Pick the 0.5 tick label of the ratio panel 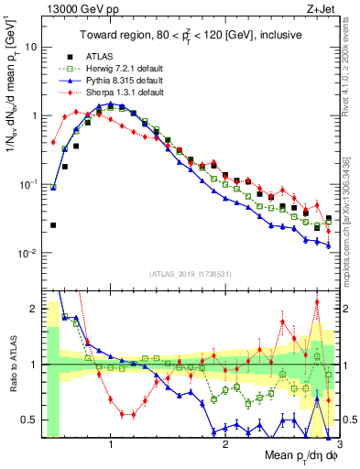[31, 420]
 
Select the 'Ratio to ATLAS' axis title [12, 365]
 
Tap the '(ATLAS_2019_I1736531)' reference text [190, 273]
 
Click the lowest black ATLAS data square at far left [53, 224]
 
